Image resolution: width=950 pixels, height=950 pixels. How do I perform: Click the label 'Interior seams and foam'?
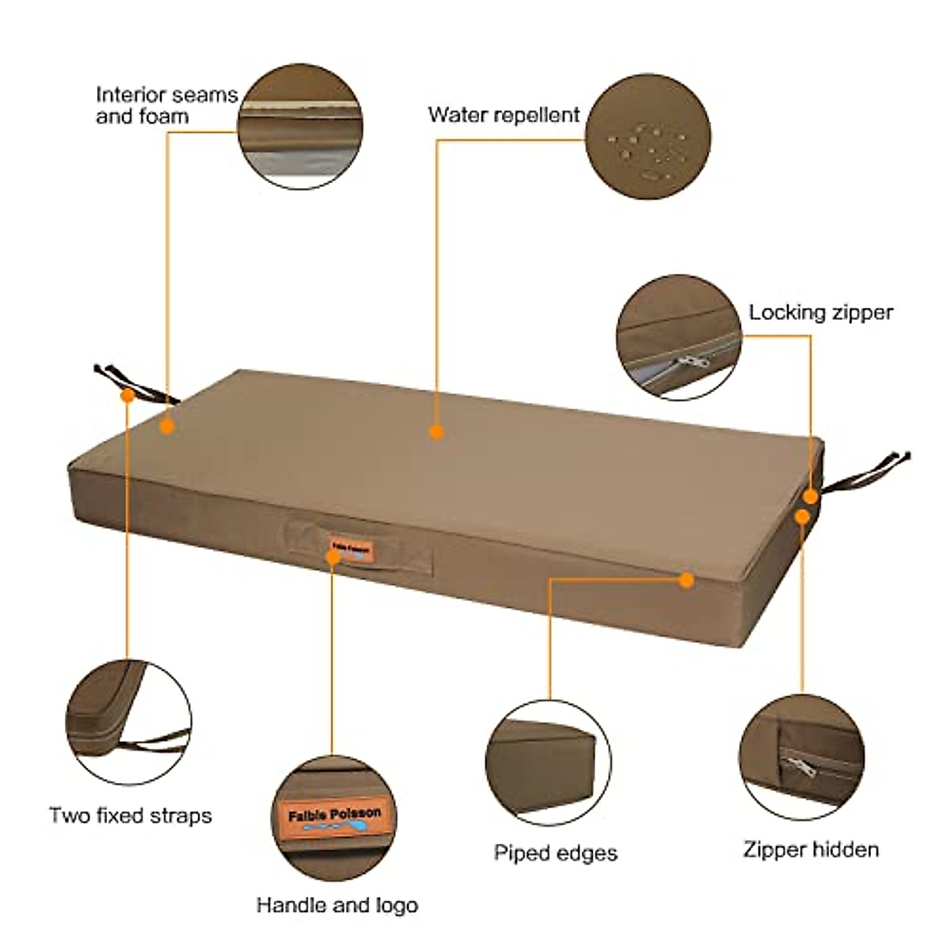point(166,105)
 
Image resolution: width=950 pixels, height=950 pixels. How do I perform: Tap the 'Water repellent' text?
point(503,115)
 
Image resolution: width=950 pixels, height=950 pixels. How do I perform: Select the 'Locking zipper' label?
point(820,312)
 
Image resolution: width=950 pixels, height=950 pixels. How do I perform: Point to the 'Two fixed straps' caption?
point(131,815)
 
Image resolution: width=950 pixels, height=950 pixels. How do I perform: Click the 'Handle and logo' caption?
point(336,904)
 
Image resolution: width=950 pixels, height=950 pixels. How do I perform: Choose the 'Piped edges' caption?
point(556,853)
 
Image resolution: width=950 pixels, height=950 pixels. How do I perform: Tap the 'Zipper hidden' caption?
point(811,849)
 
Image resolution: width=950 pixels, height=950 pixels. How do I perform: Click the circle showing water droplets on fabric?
point(647,136)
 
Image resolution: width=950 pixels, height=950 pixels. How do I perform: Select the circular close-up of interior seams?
point(299,127)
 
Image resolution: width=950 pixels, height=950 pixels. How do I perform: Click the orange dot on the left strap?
point(127,395)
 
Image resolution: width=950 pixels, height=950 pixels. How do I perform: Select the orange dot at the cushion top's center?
point(435,431)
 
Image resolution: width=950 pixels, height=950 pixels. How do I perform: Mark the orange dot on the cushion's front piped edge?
point(686,580)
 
